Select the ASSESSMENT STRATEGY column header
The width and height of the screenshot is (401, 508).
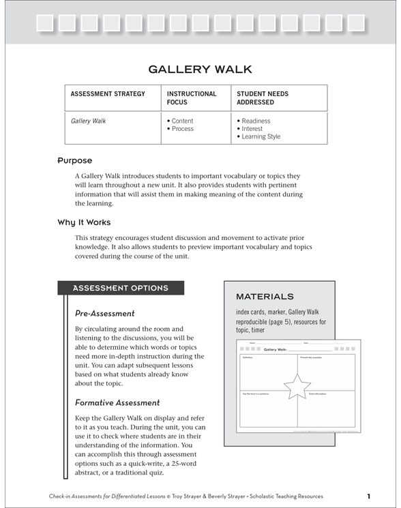[x=108, y=94]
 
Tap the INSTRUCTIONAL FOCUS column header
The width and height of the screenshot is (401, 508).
[x=192, y=98]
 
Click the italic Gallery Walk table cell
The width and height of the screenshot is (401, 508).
[x=89, y=121]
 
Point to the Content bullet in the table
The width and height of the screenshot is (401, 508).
[x=180, y=121]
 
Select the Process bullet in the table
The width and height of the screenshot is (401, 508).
[x=180, y=129]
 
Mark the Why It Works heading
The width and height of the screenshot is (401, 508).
[x=84, y=222]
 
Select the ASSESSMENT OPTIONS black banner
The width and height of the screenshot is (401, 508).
[x=120, y=288]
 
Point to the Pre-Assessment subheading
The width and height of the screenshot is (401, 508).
[x=105, y=314]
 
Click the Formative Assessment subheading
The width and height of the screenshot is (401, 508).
[x=117, y=403]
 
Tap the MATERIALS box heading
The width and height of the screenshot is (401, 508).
[x=265, y=297]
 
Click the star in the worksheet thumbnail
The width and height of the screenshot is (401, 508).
[x=297, y=386]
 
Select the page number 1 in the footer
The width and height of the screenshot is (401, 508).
[x=368, y=496]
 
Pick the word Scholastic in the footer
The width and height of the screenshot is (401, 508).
[x=259, y=496]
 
